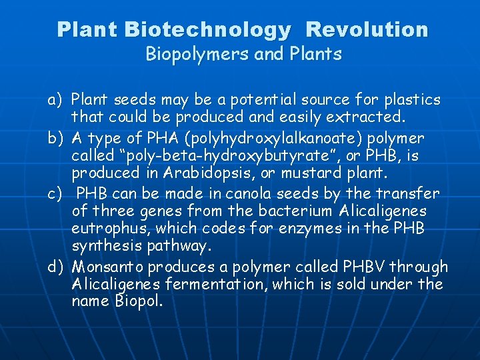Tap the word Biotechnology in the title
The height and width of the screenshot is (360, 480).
[x=207, y=30]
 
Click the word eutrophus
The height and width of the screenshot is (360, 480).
[x=106, y=229]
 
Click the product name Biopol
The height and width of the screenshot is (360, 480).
[x=139, y=302]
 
